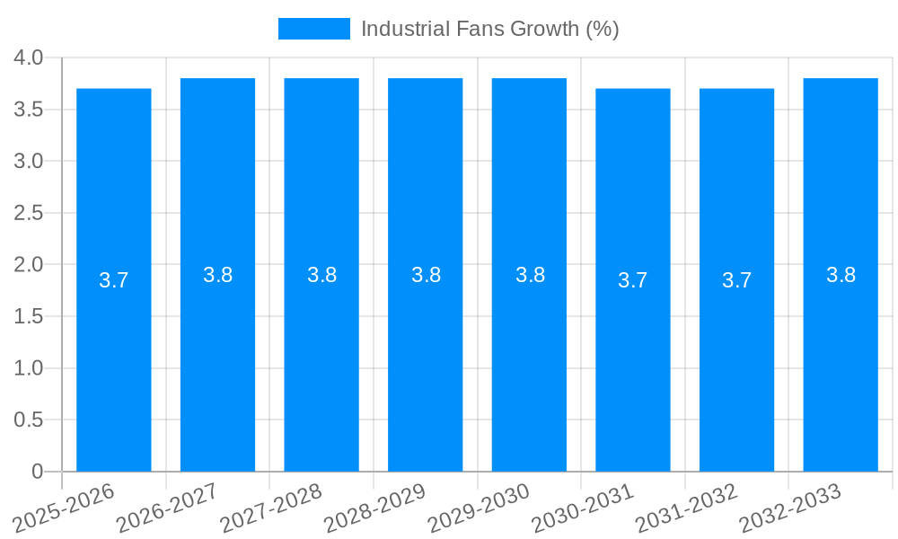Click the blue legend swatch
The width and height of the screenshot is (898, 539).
point(314,29)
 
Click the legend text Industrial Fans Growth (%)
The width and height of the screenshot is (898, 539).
point(489,29)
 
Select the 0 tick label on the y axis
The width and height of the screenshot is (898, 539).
point(37,472)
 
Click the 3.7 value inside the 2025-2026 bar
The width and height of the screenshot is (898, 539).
point(114,280)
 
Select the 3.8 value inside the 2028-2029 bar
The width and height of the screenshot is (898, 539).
point(426,275)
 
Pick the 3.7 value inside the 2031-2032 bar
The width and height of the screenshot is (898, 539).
point(736,280)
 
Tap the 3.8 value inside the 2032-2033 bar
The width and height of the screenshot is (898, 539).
point(841,275)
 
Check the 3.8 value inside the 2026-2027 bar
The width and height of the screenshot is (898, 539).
point(218,275)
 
